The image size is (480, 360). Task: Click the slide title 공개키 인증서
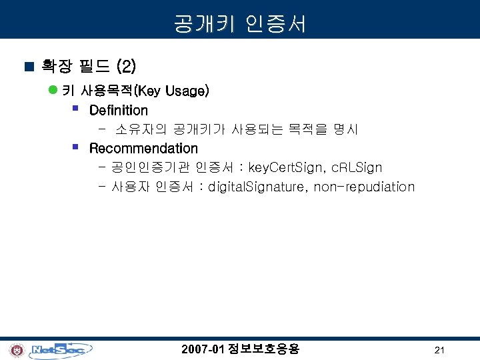point(240,25)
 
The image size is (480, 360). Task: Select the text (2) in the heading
point(126,66)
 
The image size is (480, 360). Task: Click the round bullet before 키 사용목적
point(53,91)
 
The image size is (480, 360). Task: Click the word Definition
point(118,110)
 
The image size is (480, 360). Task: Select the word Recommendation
point(143,148)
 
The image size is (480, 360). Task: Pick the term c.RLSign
point(357,167)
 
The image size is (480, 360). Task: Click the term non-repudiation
point(364,187)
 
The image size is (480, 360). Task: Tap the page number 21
point(439,350)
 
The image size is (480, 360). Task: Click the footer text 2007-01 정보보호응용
point(240,349)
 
